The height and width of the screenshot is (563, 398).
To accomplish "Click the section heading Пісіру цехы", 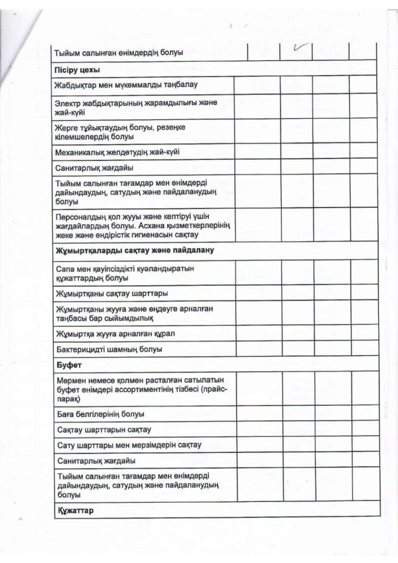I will click(78, 69).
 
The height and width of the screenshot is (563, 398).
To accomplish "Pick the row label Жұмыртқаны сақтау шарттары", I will click(112, 293).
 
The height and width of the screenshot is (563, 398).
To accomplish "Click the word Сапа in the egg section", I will click(68, 268).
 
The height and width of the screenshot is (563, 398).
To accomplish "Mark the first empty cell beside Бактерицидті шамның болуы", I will click(256, 349).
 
